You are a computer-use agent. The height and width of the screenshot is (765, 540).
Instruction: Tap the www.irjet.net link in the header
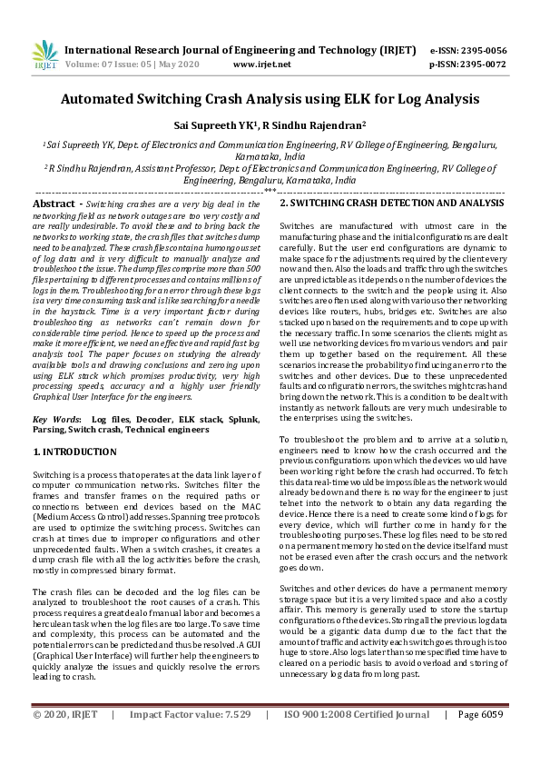[x=261, y=65]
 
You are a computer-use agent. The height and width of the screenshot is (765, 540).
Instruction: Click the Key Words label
[x=56, y=419]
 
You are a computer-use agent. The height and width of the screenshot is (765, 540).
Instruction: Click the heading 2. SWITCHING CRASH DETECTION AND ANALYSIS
[x=391, y=204]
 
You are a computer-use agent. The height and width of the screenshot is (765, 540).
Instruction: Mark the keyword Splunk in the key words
[x=241, y=419]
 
